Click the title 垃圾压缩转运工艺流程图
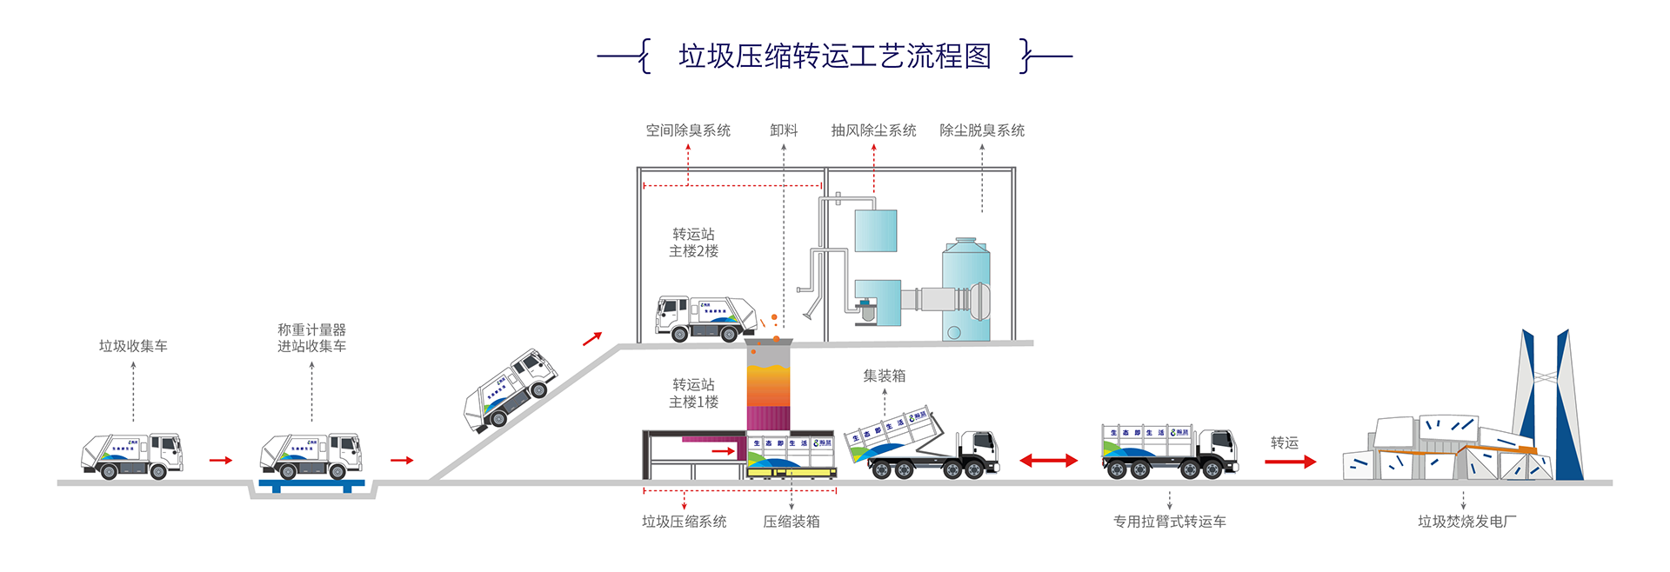tap(835, 57)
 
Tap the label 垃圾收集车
tap(133, 346)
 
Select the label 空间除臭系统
tap(688, 130)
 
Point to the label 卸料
tap(784, 130)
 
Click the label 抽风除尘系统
tap(873, 130)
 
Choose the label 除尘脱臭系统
tap(982, 130)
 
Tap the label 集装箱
tap(884, 376)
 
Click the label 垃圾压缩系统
tap(685, 522)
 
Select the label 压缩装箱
tap(792, 522)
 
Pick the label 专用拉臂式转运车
tap(1170, 522)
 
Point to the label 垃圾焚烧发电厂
tap(1466, 522)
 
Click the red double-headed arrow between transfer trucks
tap(1048, 461)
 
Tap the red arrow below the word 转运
tap(1290, 462)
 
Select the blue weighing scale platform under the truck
tap(311, 484)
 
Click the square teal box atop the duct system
tap(876, 230)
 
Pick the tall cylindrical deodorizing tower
tap(965, 291)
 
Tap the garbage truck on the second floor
tap(705, 319)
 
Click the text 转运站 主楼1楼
tap(693, 393)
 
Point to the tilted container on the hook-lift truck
tap(894, 432)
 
